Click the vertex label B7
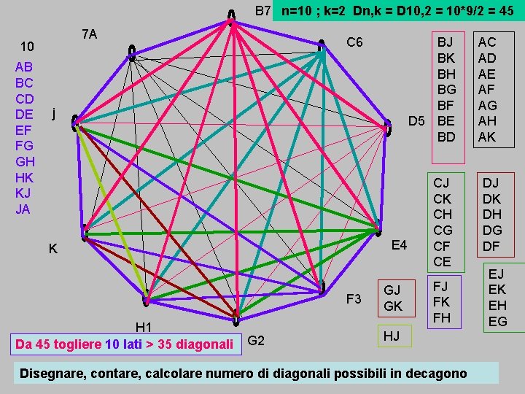263,11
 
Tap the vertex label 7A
90,34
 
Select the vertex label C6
355,42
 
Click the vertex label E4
399,244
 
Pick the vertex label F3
354,298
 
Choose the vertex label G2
256,340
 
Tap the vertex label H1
143,327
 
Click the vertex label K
53,249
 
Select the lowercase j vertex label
53,114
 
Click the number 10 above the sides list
27,47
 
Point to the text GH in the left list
25,161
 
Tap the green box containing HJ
392,336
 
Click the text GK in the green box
393,306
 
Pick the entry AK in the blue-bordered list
486,137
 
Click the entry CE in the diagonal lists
443,261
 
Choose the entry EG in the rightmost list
497,321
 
